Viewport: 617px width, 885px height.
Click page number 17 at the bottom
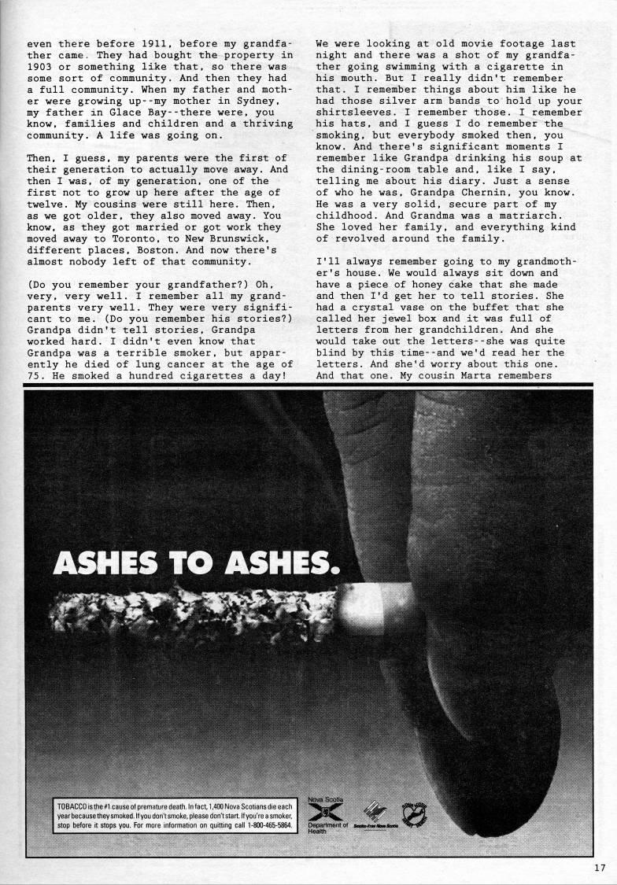coord(600,868)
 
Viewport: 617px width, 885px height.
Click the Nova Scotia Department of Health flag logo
coord(317,812)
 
